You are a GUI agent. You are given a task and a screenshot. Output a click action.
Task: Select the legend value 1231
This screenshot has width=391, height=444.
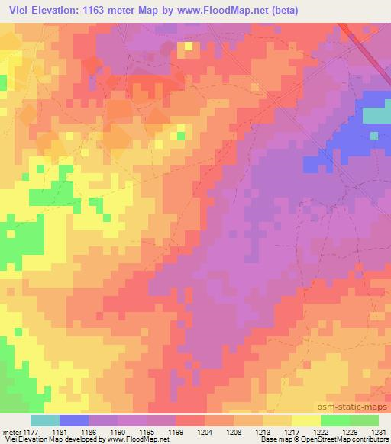pos(380,432)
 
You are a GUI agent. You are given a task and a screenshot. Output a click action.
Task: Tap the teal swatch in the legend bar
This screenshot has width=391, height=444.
pos(45,420)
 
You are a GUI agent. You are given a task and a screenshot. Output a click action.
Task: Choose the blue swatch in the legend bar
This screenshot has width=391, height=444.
pos(74,420)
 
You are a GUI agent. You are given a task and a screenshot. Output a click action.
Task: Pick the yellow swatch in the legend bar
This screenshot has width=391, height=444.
pos(305,420)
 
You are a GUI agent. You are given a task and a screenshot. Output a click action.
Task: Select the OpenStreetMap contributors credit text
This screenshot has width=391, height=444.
pos(348,440)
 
